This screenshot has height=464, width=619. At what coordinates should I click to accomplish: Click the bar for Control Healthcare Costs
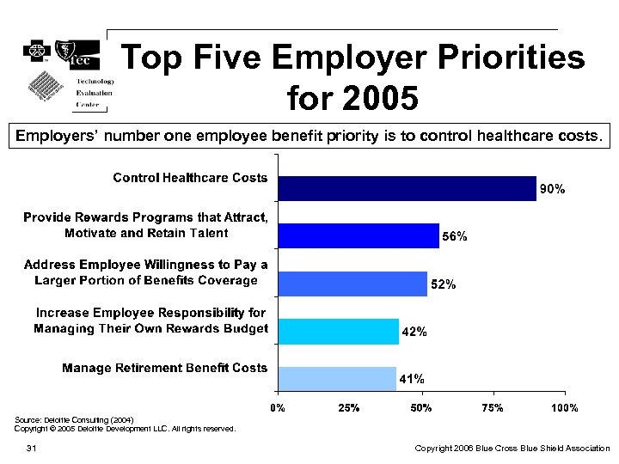pyautogui.click(x=406, y=188)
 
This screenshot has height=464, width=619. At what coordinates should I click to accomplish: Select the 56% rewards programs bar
pyautogui.click(x=358, y=235)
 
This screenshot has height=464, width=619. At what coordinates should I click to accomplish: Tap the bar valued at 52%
pyautogui.click(x=352, y=284)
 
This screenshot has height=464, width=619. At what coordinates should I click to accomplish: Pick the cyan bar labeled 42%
pyautogui.click(x=337, y=331)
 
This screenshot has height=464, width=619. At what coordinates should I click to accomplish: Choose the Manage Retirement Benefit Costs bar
pyautogui.click(x=336, y=378)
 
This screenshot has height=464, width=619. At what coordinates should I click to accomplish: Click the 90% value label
pyautogui.click(x=552, y=189)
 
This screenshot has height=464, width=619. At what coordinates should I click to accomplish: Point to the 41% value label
pyautogui.click(x=411, y=379)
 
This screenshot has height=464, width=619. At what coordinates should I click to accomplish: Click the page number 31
pyautogui.click(x=31, y=449)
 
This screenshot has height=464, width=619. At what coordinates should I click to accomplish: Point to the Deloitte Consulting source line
pyautogui.click(x=74, y=419)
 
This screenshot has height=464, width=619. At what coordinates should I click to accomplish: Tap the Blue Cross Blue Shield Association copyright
pyautogui.click(x=512, y=449)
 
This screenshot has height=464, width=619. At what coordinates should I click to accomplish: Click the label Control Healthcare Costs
pyautogui.click(x=190, y=178)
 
